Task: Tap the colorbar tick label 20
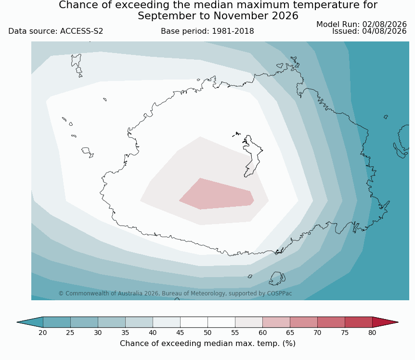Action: tap(43, 333)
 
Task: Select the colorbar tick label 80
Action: tap(372, 333)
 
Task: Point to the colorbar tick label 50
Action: tap(207, 333)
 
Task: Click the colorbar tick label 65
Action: tap(290, 333)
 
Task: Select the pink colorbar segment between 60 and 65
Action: tap(276, 322)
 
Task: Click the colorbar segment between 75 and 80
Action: tap(359, 322)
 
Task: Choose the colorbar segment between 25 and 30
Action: tap(84, 322)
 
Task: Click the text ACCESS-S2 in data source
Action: tap(81, 31)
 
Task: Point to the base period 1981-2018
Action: tap(233, 31)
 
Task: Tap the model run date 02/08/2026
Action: tap(384, 25)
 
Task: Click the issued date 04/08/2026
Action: tap(384, 31)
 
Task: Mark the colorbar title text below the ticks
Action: tap(207, 343)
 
